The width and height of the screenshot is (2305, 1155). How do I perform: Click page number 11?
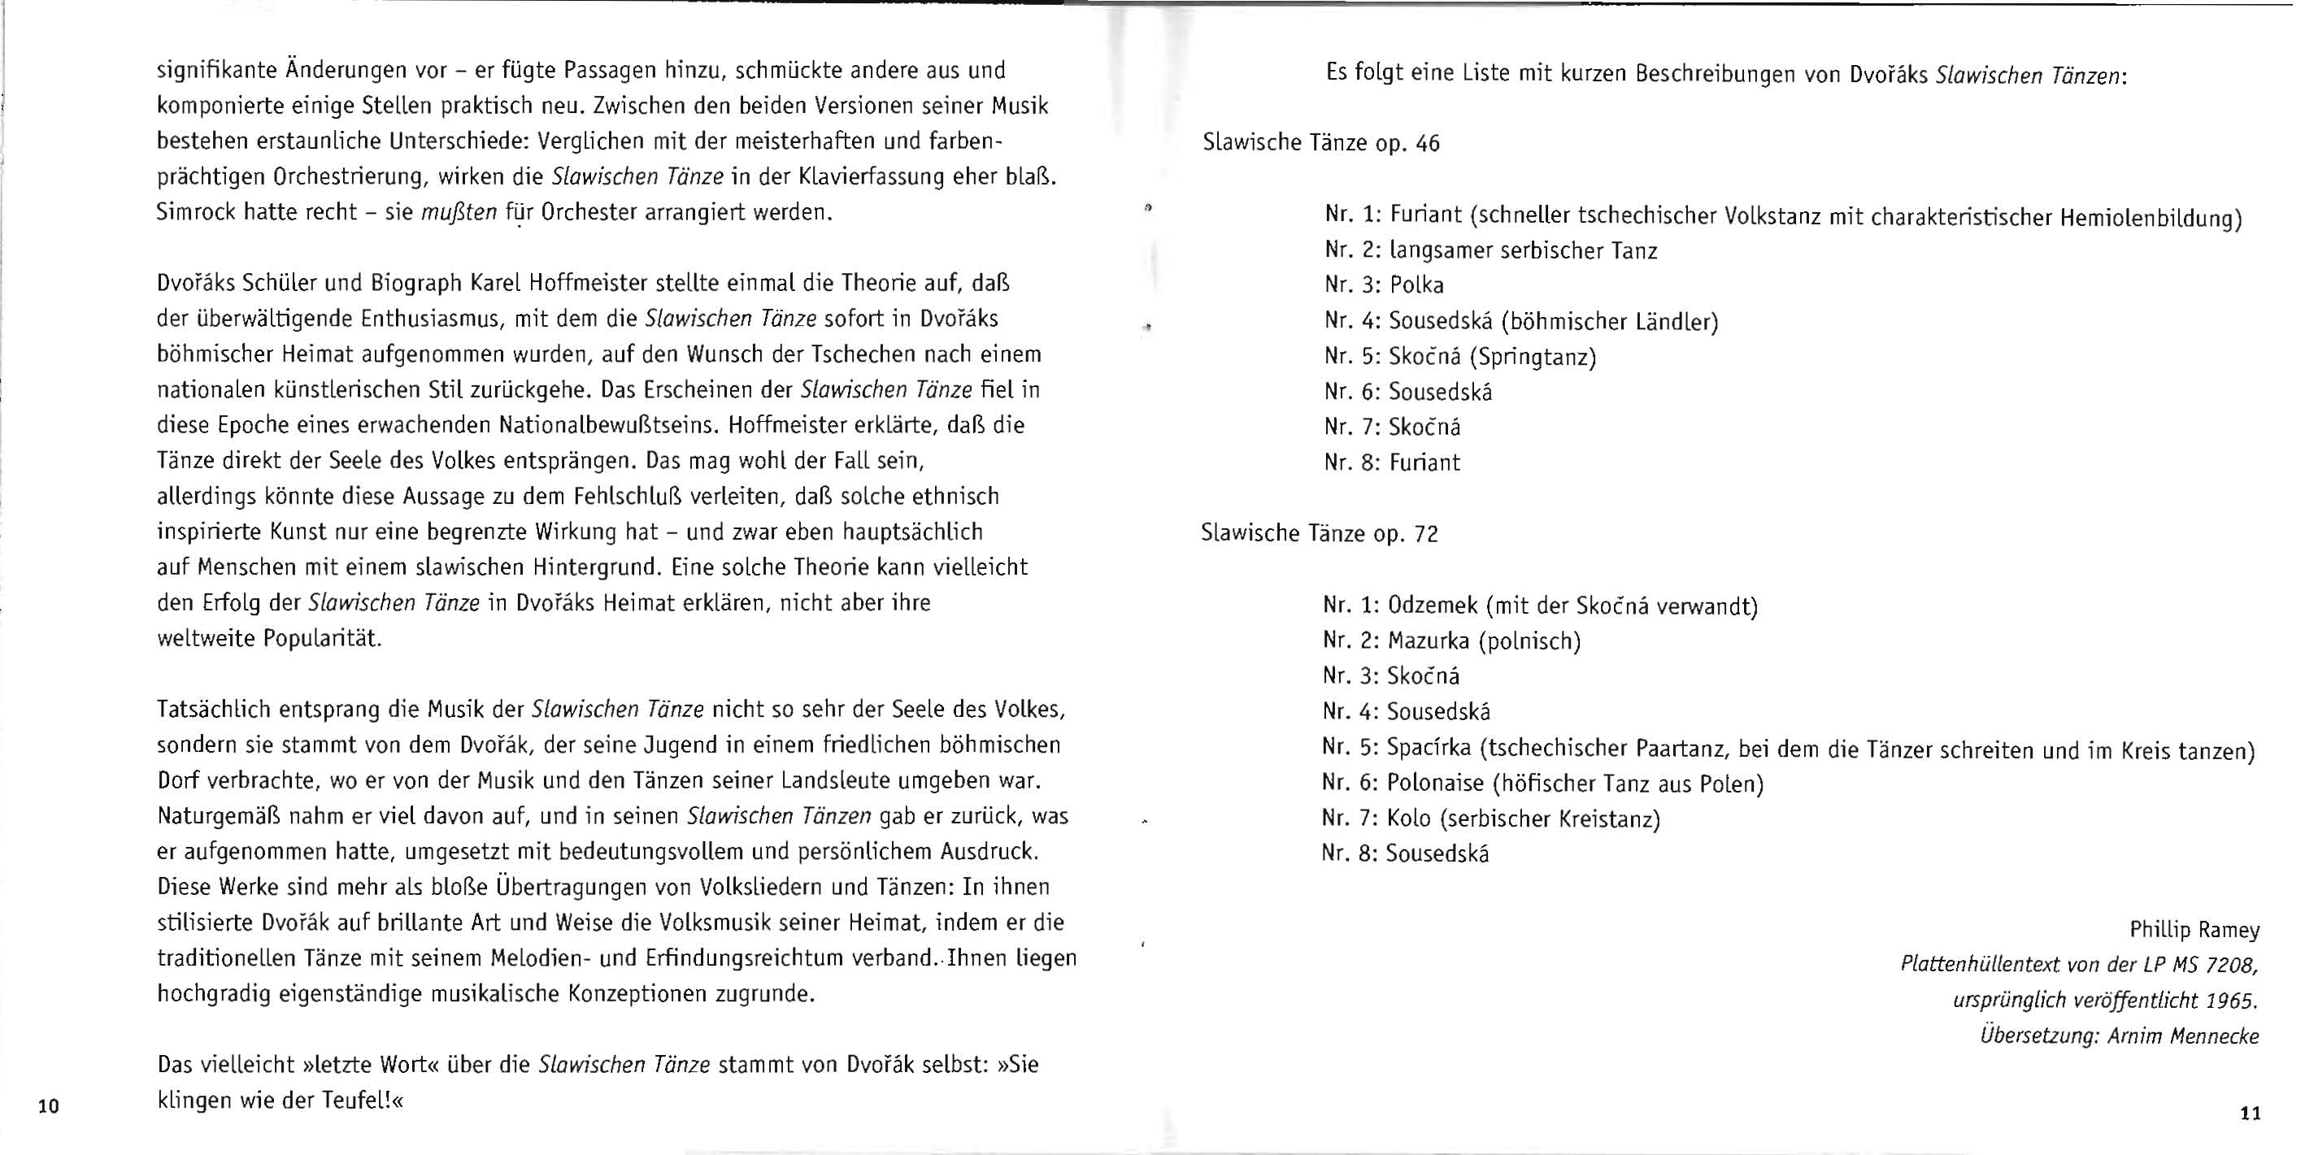coord(2251,1114)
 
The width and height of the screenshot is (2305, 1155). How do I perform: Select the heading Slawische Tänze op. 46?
coord(1320,143)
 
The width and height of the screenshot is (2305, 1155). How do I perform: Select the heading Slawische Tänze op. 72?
coord(1319,534)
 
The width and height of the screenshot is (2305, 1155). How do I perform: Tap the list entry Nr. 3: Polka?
coord(1385,285)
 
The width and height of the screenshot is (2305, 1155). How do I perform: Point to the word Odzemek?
coord(1433,606)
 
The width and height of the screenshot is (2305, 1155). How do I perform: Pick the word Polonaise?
coord(1435,784)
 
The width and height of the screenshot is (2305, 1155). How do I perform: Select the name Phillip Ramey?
coord(2194,931)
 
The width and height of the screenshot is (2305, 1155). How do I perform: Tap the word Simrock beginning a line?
coord(196,213)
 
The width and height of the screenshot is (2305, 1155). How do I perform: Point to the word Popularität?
coord(322,639)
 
